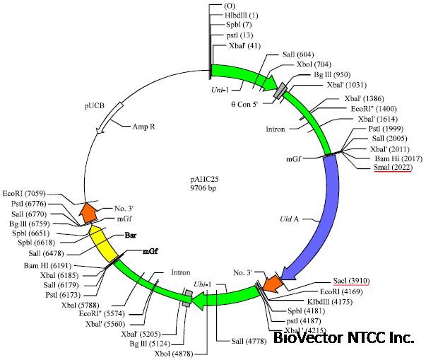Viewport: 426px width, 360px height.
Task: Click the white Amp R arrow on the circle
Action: (x=107, y=121)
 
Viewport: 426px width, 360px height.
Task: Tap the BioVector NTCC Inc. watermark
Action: (x=343, y=338)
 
